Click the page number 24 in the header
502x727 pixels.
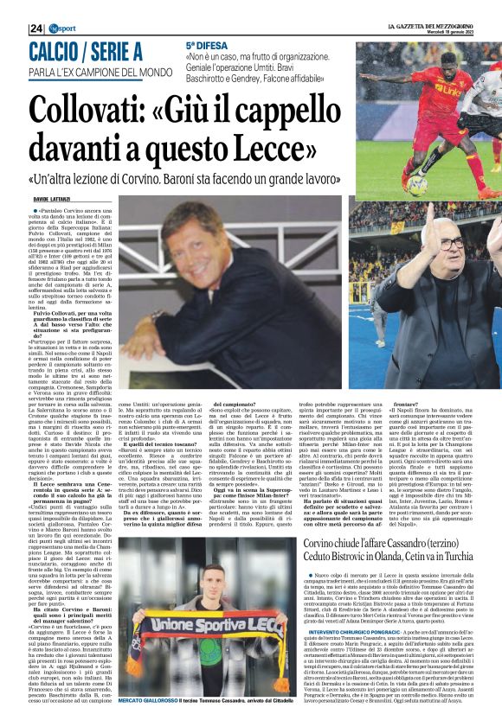(35, 29)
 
